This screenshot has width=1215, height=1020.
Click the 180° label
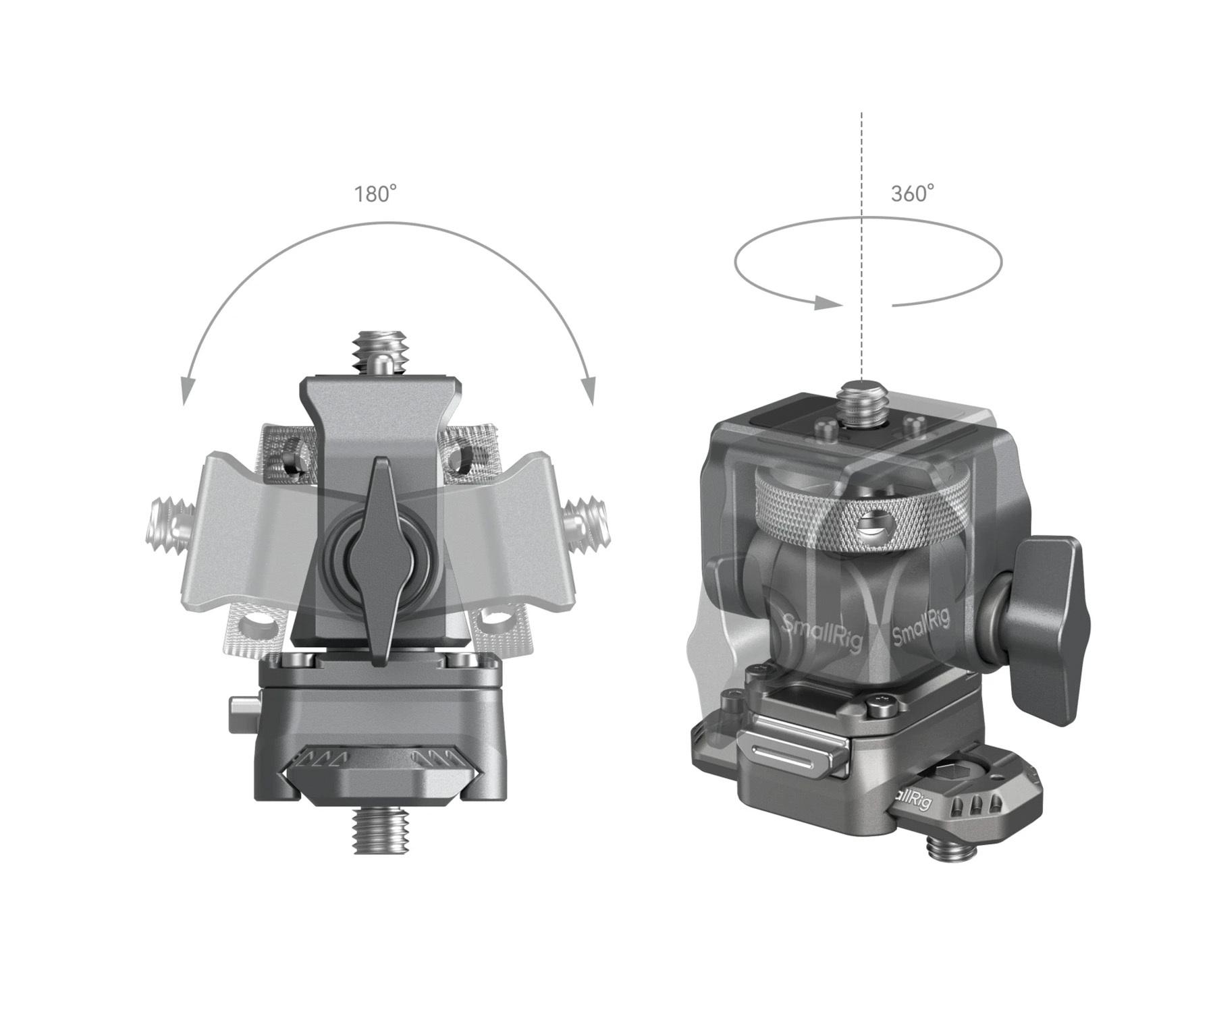(x=376, y=194)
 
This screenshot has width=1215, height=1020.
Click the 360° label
(x=913, y=194)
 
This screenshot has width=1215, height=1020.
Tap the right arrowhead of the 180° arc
(x=589, y=391)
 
